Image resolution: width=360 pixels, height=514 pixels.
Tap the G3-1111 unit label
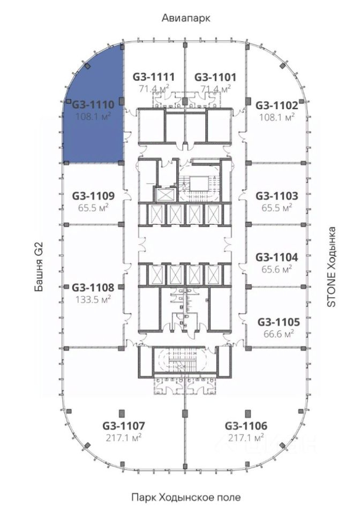(x=153, y=77)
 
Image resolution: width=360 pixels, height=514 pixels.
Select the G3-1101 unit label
(x=215, y=77)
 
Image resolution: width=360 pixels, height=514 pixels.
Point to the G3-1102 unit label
(x=277, y=105)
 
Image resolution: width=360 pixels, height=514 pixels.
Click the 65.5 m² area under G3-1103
(x=277, y=208)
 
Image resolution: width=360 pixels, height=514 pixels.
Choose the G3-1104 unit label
(x=277, y=258)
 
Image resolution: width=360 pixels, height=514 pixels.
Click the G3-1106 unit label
(x=246, y=426)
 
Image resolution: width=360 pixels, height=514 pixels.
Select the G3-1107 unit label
(x=124, y=426)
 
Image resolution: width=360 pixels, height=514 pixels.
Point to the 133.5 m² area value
(x=93, y=300)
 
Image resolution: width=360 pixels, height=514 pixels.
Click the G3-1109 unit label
(x=93, y=196)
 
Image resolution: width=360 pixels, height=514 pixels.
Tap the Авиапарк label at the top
(x=186, y=18)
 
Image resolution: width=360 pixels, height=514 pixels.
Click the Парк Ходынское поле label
(x=186, y=497)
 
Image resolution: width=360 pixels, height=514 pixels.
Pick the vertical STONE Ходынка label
(x=332, y=267)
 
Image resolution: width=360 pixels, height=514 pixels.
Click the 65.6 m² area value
(x=277, y=269)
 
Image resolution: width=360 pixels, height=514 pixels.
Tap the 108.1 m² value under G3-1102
(x=277, y=117)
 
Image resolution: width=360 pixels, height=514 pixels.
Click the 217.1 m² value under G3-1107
(x=124, y=437)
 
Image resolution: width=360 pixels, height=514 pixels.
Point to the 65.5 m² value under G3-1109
(x=93, y=208)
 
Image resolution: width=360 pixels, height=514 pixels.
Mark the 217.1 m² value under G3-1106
(x=246, y=437)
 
